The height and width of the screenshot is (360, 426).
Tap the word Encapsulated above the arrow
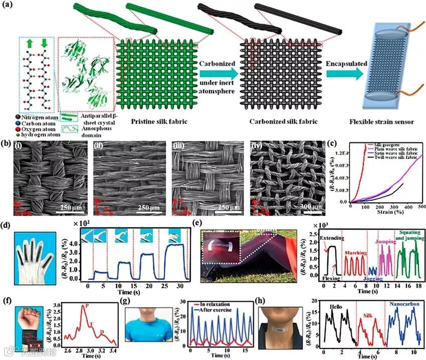click(347, 64)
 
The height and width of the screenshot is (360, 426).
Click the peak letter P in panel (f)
click(87, 305)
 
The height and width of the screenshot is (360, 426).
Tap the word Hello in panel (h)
click(338, 304)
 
